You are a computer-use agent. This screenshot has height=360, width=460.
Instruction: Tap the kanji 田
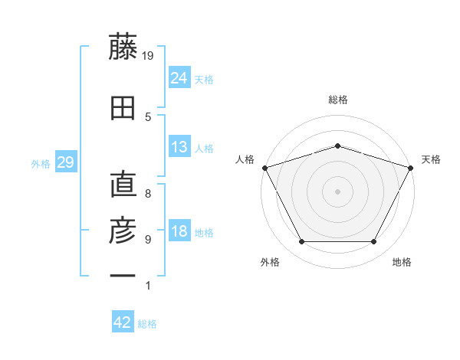(123, 108)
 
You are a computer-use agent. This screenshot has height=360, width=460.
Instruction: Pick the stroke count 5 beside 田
(148, 117)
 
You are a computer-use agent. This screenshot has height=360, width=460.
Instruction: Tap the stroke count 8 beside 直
(148, 194)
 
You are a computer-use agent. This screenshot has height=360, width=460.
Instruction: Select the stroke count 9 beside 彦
(148, 240)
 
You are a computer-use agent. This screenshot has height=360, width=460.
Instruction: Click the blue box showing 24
(179, 78)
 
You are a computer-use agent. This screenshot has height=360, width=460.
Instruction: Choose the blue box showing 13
(179, 147)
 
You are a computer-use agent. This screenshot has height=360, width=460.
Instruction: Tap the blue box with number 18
(179, 231)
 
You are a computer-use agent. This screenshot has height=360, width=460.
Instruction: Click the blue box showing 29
(65, 162)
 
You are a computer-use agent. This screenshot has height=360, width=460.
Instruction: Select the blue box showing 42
(123, 322)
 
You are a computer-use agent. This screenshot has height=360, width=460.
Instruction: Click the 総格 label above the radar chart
(338, 100)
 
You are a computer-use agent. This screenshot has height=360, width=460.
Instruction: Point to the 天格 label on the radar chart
(431, 159)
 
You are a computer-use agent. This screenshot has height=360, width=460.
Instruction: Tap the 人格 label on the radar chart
(245, 159)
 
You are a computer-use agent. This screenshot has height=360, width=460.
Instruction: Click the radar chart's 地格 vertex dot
(373, 242)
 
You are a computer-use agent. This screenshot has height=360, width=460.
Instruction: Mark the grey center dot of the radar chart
(337, 191)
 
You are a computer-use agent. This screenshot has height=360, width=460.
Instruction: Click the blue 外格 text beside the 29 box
(41, 163)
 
